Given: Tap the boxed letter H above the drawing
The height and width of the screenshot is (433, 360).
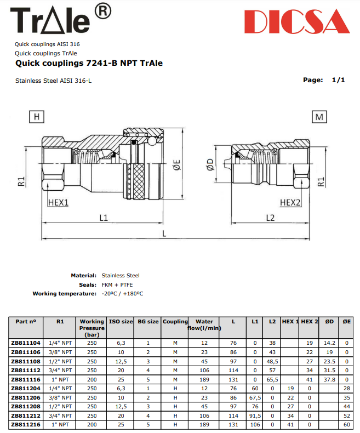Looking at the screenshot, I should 36,117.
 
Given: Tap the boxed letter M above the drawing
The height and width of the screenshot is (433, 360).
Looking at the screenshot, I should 319,117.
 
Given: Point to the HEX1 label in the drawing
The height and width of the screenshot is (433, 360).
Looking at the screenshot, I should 58,202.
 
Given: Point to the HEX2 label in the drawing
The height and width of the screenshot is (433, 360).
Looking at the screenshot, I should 290,202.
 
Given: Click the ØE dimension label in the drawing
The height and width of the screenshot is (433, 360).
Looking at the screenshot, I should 176,164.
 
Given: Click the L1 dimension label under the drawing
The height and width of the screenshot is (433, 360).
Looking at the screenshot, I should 103,218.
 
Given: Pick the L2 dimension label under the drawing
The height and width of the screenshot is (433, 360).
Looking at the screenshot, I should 270,218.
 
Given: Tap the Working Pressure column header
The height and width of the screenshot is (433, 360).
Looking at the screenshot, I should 92,327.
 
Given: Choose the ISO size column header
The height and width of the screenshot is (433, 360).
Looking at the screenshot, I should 121,322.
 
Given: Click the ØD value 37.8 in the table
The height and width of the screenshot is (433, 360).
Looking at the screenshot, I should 329,379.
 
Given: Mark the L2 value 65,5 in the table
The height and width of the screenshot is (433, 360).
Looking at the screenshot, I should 272,379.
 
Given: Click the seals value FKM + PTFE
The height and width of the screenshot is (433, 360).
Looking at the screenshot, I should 117,284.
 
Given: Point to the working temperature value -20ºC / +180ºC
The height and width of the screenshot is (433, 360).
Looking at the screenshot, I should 122,294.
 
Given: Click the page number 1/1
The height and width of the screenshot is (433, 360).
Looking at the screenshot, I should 338,80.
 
